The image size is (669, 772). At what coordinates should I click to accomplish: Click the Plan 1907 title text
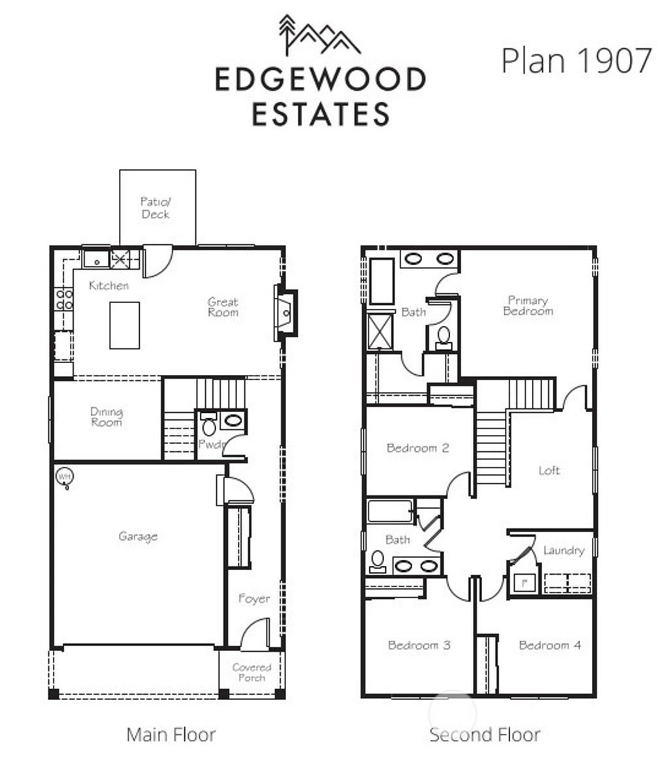click(576, 60)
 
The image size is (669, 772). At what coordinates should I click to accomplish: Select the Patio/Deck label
click(155, 208)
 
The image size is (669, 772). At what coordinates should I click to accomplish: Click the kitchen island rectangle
click(124, 325)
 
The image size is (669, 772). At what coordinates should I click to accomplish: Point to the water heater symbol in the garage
click(64, 477)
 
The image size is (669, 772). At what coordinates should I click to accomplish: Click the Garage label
click(138, 536)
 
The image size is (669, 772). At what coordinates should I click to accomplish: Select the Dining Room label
click(106, 417)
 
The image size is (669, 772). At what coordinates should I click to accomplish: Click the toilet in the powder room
click(208, 427)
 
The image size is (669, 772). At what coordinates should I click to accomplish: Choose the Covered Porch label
click(252, 672)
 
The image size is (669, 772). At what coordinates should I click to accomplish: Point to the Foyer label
click(253, 598)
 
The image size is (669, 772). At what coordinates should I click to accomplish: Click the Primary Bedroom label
click(527, 306)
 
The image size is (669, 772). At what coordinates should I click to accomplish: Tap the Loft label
click(549, 470)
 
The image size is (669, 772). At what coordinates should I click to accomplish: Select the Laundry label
click(563, 551)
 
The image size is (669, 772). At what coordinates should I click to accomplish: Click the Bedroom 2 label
click(417, 448)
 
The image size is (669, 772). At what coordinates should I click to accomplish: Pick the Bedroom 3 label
click(419, 645)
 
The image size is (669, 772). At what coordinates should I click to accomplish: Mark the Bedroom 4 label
click(549, 645)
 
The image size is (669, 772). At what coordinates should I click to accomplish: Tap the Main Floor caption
click(171, 735)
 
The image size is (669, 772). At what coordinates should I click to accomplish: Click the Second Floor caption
click(484, 735)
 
